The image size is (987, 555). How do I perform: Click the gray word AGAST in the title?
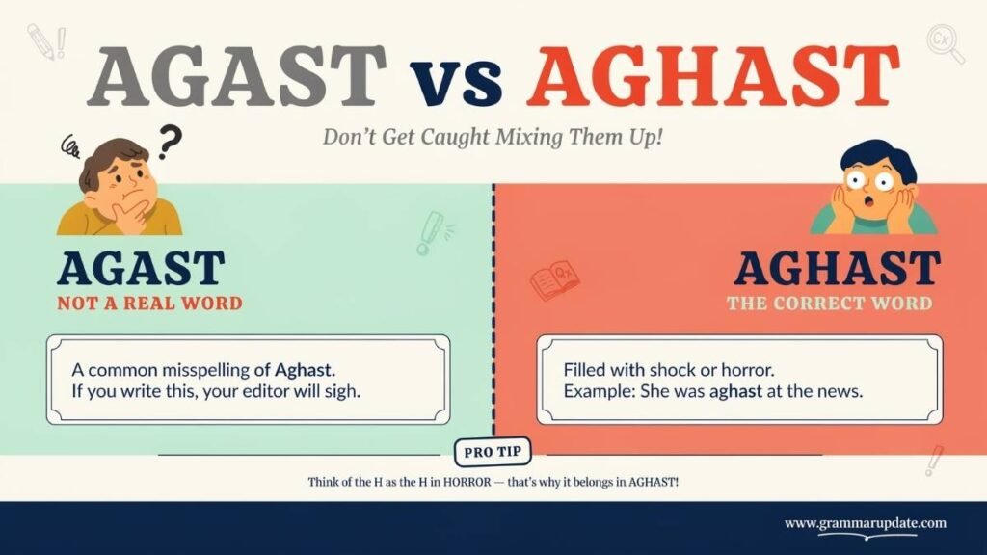236,76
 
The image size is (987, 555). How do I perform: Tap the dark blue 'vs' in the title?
456,82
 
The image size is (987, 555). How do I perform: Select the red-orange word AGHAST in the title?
713,76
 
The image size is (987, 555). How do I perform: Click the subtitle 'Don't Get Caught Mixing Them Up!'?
493,137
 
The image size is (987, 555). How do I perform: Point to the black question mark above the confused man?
169,142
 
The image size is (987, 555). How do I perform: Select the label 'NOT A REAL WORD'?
149,304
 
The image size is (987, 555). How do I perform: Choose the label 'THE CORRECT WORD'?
830,304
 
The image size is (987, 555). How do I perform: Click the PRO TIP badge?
493,452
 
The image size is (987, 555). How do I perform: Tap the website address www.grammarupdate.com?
865,523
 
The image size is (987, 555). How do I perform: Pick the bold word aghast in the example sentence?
735,391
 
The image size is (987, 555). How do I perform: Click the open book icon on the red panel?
554,281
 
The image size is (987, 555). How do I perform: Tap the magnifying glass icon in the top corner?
945,43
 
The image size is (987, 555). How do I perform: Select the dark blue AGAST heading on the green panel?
141,269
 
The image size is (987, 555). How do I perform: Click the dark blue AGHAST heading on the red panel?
837,269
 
